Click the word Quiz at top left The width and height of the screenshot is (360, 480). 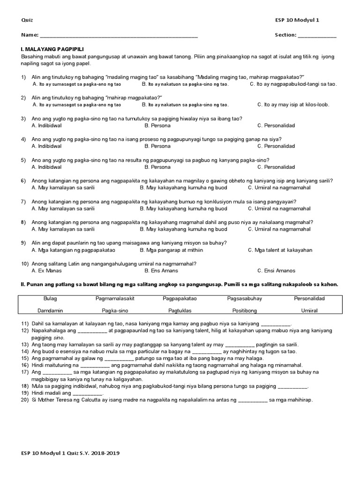click(x=27, y=20)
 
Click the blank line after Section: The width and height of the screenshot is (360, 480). click(x=317, y=36)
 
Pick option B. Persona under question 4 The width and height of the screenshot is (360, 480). click(x=157, y=146)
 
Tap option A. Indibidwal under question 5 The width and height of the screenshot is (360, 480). click(x=46, y=167)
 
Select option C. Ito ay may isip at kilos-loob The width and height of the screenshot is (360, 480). click(x=293, y=105)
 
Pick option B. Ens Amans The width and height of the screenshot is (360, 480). click(x=161, y=271)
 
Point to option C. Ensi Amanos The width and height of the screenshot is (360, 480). click(x=276, y=271)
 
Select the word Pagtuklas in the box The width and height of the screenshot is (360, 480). click(x=180, y=310)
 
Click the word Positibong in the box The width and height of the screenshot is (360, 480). click(x=244, y=310)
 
